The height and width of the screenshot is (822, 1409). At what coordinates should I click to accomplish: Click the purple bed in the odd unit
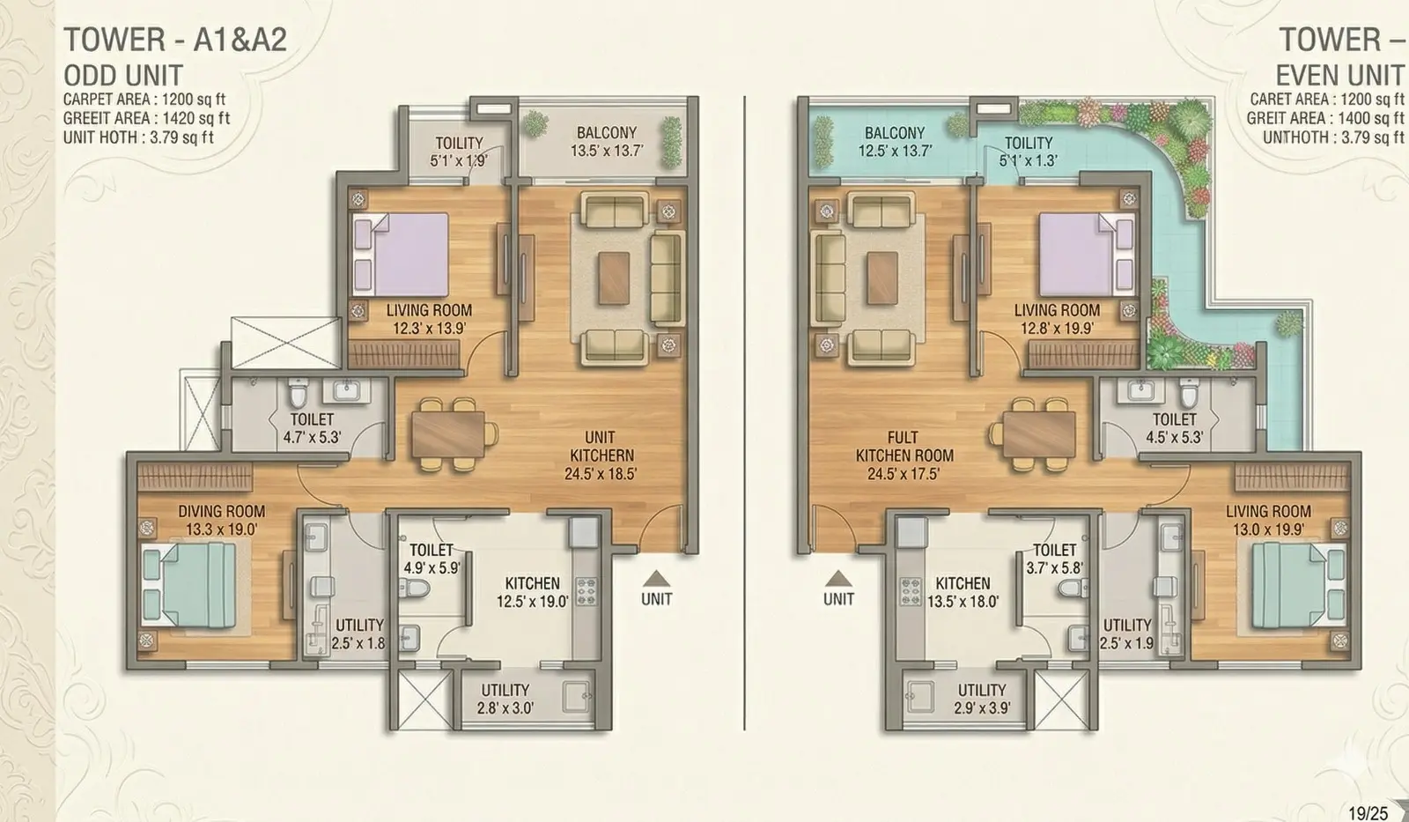tap(401, 255)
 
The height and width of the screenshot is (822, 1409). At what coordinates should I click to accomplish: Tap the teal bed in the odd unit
tap(189, 586)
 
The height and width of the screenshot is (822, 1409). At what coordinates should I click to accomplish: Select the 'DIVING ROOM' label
tap(221, 511)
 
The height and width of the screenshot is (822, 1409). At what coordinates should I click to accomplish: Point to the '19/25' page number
tap(1368, 813)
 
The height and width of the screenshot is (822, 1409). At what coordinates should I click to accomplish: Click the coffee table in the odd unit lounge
tap(614, 278)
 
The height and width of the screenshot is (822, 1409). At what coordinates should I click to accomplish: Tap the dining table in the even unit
tap(1039, 433)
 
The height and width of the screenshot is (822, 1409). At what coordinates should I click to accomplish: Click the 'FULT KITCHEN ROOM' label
tap(904, 447)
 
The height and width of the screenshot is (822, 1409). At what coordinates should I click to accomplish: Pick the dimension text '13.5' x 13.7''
tap(607, 151)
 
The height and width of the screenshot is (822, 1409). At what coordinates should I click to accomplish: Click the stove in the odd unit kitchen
tap(586, 591)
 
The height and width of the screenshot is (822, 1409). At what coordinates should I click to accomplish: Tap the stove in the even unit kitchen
tap(911, 591)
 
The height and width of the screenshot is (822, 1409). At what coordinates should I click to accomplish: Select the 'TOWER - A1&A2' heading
tap(175, 40)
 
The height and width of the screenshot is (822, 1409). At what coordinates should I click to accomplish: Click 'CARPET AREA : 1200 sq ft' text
tap(144, 100)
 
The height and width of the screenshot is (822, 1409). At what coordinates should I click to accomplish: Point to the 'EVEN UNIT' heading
tap(1339, 76)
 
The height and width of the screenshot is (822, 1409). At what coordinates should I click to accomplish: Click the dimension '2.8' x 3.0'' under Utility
tap(505, 708)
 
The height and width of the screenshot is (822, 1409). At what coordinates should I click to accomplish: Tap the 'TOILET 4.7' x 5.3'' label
tap(312, 428)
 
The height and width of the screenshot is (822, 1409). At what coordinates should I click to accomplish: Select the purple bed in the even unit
tap(1087, 255)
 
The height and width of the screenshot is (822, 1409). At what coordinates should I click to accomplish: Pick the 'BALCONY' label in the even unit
tap(895, 133)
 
